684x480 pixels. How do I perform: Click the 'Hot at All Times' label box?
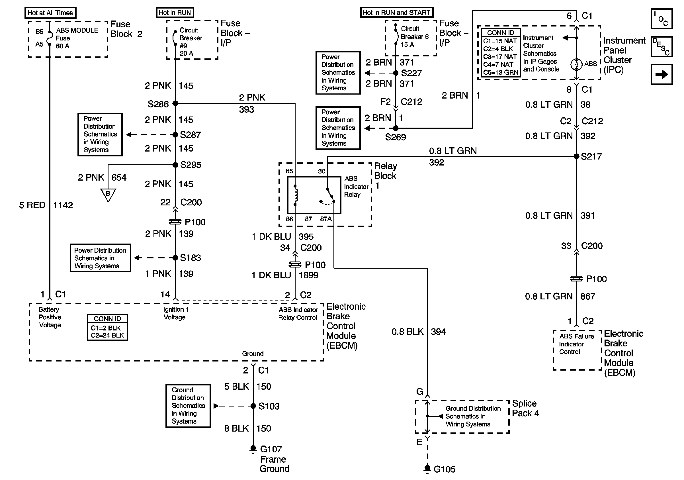click(x=50, y=13)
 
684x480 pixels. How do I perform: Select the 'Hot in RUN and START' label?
click(x=396, y=13)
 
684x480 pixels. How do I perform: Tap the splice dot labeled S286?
click(x=175, y=103)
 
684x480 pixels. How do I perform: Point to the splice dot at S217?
click(x=576, y=156)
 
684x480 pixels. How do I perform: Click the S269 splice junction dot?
click(x=396, y=128)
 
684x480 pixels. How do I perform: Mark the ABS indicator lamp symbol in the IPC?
click(x=576, y=64)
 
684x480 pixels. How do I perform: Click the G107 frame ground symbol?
click(x=253, y=449)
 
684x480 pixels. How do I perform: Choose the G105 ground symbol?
click(x=427, y=469)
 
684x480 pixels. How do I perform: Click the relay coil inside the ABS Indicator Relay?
click(x=295, y=195)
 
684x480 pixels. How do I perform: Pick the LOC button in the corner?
click(x=661, y=19)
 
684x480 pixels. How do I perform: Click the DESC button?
click(x=661, y=47)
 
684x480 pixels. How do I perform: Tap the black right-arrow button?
click(x=661, y=74)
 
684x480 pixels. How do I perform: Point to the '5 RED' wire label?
click(x=32, y=205)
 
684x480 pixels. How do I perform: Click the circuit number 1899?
click(x=309, y=275)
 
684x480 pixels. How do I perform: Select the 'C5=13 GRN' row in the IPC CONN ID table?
click(x=501, y=72)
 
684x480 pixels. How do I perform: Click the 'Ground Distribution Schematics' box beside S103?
click(x=188, y=406)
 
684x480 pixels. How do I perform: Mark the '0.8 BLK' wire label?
click(x=407, y=332)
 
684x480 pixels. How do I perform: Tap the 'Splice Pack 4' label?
click(x=525, y=408)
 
